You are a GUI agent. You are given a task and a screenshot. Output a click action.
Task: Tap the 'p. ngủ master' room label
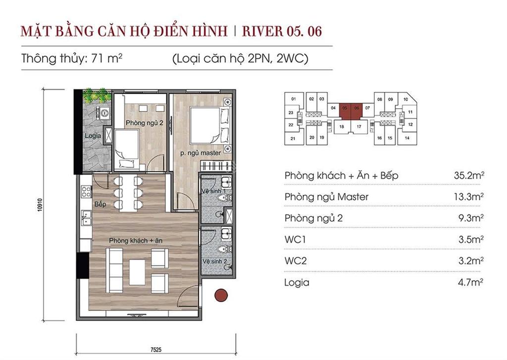201,153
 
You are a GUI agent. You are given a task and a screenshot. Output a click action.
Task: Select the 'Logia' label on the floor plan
93,136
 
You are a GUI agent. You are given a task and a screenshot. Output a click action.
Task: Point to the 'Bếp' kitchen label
100,204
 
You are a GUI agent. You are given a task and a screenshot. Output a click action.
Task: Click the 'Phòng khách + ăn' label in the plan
136,241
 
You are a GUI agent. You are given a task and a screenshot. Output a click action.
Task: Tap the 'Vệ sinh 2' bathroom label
215,261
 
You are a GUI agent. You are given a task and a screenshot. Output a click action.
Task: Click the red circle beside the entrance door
221,295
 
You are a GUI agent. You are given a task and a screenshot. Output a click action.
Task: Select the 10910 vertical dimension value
40,205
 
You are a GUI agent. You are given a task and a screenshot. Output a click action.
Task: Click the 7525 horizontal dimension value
156,349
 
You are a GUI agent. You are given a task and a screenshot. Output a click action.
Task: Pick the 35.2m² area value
469,175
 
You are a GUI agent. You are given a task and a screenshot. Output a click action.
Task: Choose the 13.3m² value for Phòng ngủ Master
468,196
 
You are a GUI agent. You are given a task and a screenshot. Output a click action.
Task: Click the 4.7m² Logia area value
470,282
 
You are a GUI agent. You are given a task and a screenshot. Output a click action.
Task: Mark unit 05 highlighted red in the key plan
345,108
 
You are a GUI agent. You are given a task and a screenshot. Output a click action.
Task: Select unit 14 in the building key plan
407,138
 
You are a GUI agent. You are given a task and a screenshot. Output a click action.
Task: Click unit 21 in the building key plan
293,139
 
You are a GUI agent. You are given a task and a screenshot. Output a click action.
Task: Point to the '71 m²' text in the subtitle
107,58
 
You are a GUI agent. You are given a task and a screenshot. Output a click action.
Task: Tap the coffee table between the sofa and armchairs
137,272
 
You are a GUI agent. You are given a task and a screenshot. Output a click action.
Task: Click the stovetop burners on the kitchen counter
86,191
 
